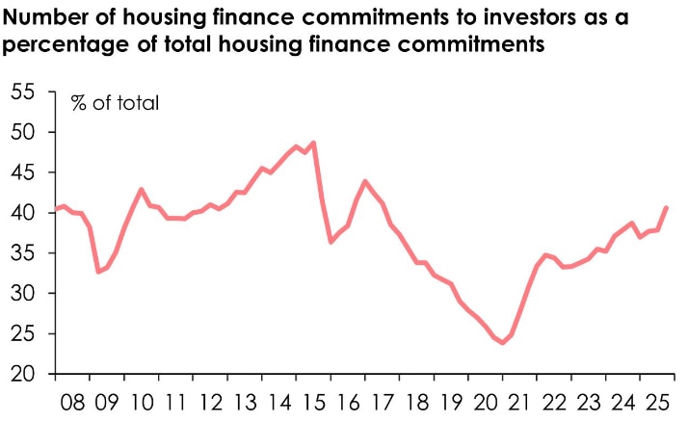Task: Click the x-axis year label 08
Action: click(x=73, y=402)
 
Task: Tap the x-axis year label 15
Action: click(x=313, y=402)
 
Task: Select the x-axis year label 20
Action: click(x=485, y=402)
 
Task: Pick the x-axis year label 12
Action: click(x=210, y=402)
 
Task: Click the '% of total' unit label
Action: click(x=115, y=103)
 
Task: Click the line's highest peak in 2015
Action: click(x=314, y=143)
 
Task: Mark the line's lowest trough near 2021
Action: click(x=502, y=343)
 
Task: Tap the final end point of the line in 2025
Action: click(x=666, y=208)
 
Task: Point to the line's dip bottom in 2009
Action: click(x=97, y=272)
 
